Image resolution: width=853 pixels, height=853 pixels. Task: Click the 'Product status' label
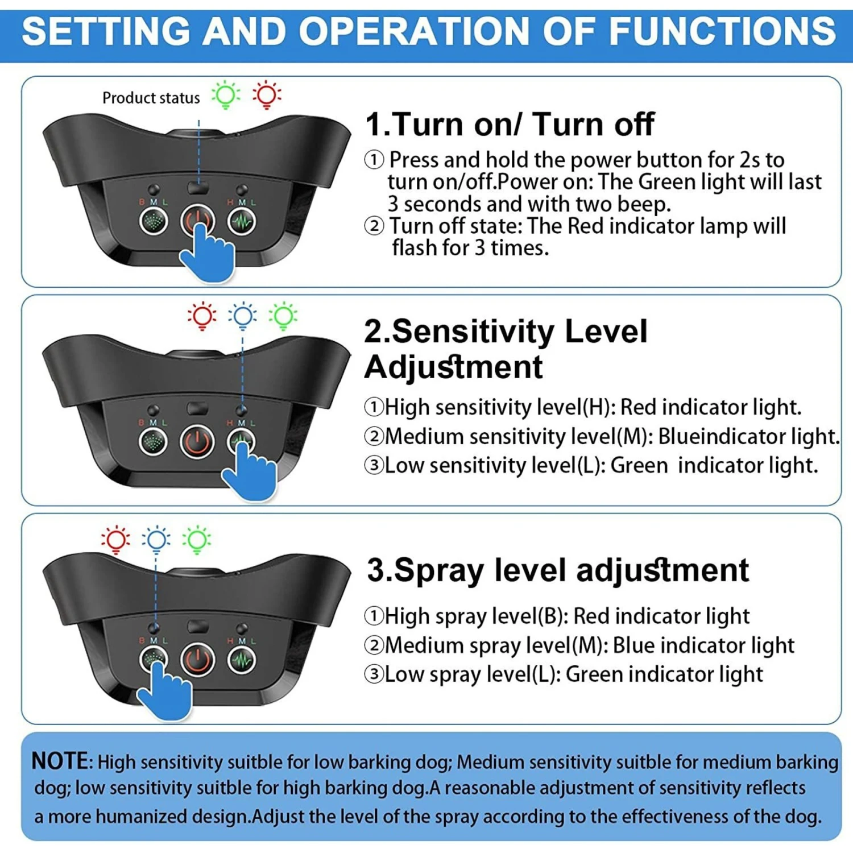click(151, 98)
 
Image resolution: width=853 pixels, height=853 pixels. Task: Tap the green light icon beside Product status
click(226, 95)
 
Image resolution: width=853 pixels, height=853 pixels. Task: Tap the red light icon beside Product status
click(267, 95)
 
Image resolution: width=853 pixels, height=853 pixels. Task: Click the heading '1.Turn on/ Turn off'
click(510, 124)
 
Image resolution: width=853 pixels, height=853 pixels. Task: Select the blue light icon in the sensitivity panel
click(242, 316)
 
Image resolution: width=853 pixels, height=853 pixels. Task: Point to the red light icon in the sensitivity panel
click(202, 316)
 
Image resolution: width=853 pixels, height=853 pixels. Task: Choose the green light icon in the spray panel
click(197, 540)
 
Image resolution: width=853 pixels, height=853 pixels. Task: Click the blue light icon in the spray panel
click(156, 540)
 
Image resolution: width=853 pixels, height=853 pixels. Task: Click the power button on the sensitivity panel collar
click(197, 441)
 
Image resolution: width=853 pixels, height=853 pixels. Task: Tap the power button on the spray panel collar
click(197, 660)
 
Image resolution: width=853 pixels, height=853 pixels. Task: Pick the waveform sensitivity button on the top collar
click(242, 221)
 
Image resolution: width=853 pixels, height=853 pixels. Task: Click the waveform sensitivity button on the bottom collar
click(242, 660)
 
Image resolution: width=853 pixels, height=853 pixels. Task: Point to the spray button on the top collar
click(154, 221)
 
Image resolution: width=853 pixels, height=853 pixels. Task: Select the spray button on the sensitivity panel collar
click(154, 441)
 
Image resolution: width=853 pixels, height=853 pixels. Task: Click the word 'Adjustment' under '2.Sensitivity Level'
click(454, 367)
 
